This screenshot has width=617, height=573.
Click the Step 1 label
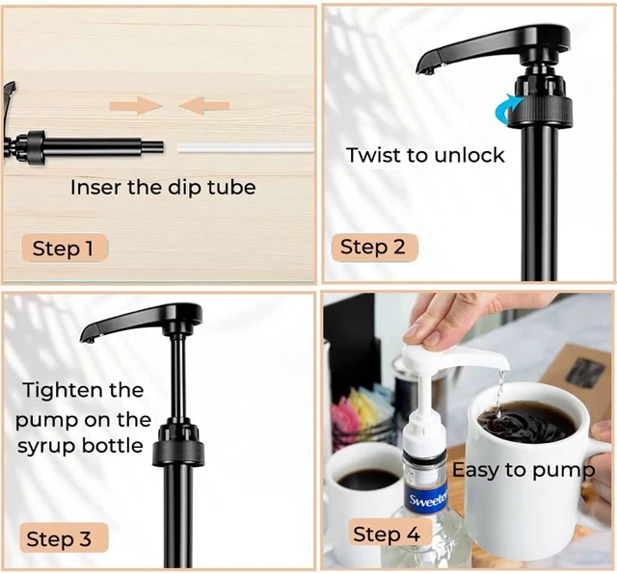coord(64,248)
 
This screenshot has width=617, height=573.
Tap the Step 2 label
coord(372,247)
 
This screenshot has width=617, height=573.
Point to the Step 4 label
coord(386,534)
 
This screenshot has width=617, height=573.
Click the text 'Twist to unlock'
coord(425,155)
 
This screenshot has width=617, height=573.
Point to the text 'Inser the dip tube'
coord(162,187)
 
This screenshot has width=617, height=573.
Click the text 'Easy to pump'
coord(523,470)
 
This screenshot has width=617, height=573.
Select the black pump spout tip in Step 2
coord(427,68)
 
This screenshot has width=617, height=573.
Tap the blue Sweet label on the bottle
coord(427,498)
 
